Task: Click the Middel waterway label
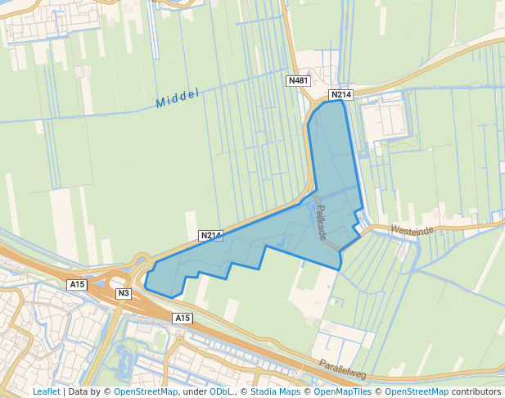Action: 178,99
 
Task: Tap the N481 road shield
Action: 298,81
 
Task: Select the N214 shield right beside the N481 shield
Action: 340,95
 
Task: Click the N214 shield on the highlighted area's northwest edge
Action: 211,236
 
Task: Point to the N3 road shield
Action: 124,293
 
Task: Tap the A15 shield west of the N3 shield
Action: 77,284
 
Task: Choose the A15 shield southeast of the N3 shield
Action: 182,318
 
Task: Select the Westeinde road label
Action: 412,231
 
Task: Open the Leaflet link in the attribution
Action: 46,391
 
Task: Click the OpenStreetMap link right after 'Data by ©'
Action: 146,391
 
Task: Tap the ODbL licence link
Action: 221,391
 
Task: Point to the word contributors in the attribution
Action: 476,391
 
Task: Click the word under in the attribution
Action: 194,391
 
